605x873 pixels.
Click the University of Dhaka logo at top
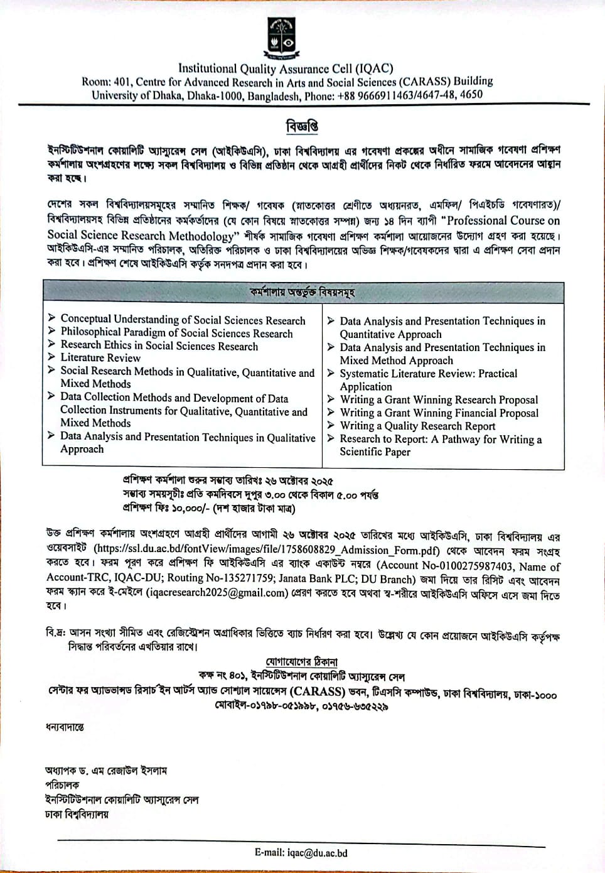click(281, 37)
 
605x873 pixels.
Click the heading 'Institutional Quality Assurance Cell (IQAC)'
click(286, 68)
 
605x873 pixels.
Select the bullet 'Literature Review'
click(100, 357)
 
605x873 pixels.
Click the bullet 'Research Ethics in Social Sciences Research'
click(159, 345)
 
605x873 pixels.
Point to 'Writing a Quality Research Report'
click(417, 426)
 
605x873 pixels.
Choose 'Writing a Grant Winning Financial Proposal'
click(439, 413)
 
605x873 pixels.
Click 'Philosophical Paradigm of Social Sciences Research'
click(176, 333)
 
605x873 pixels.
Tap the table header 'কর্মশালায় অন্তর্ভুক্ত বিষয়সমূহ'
click(302, 293)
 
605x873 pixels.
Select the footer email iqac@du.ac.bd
click(301, 852)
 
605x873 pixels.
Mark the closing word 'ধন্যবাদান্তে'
click(64, 727)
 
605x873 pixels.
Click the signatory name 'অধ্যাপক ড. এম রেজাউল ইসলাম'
click(106, 771)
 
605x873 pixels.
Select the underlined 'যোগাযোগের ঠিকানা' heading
click(301, 662)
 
